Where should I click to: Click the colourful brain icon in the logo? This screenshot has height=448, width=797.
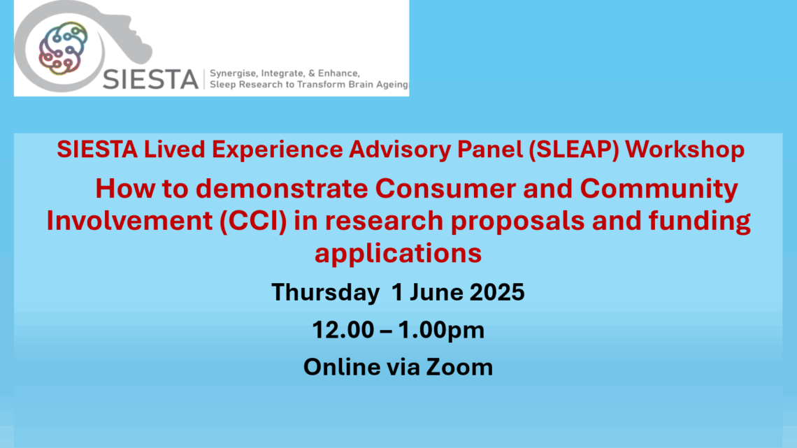point(63,48)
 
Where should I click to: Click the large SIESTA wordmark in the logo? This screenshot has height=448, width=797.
point(150,80)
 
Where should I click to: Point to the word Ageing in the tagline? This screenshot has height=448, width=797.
point(392,85)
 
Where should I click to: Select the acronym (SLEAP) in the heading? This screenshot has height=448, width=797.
point(573,150)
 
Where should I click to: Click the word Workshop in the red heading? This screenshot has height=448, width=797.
point(684,150)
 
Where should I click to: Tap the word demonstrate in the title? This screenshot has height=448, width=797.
point(282,189)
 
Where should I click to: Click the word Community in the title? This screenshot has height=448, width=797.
point(659,189)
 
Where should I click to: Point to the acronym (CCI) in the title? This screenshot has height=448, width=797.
point(253,221)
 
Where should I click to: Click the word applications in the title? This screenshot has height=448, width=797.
point(398,253)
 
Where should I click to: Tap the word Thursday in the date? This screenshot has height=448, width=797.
point(325,292)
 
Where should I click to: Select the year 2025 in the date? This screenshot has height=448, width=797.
point(496,292)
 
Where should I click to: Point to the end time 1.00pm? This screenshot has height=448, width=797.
point(441,330)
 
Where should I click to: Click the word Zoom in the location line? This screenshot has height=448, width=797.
point(459,367)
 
